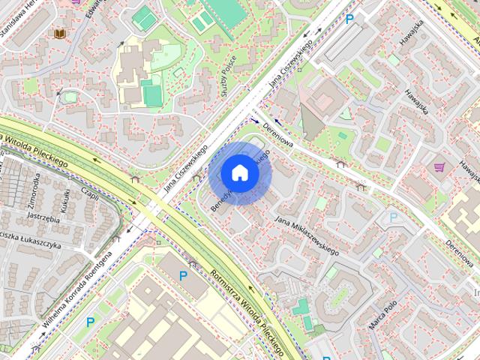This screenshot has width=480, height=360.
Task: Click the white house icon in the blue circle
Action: click(239, 172)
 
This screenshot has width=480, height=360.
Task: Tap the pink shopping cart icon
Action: click(439, 166)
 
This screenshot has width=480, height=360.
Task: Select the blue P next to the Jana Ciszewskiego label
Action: click(349, 18)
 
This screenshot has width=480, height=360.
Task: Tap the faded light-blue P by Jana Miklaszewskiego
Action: click(393, 217)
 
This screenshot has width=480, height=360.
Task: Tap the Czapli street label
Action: click(90, 193)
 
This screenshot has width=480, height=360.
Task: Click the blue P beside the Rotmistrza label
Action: click(182, 276)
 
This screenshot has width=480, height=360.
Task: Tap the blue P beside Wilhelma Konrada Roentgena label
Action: click(90, 322)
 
